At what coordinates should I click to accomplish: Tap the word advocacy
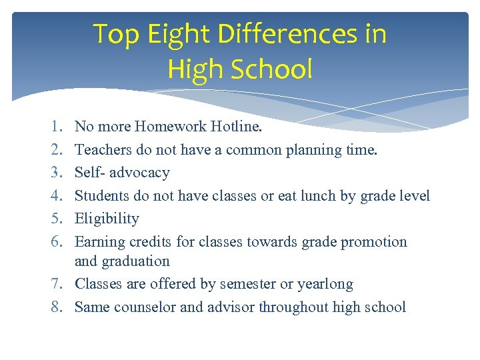point(139,173)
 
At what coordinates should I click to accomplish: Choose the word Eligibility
point(107,219)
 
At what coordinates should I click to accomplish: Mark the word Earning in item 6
point(99,241)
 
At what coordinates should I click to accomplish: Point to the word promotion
point(373,241)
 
